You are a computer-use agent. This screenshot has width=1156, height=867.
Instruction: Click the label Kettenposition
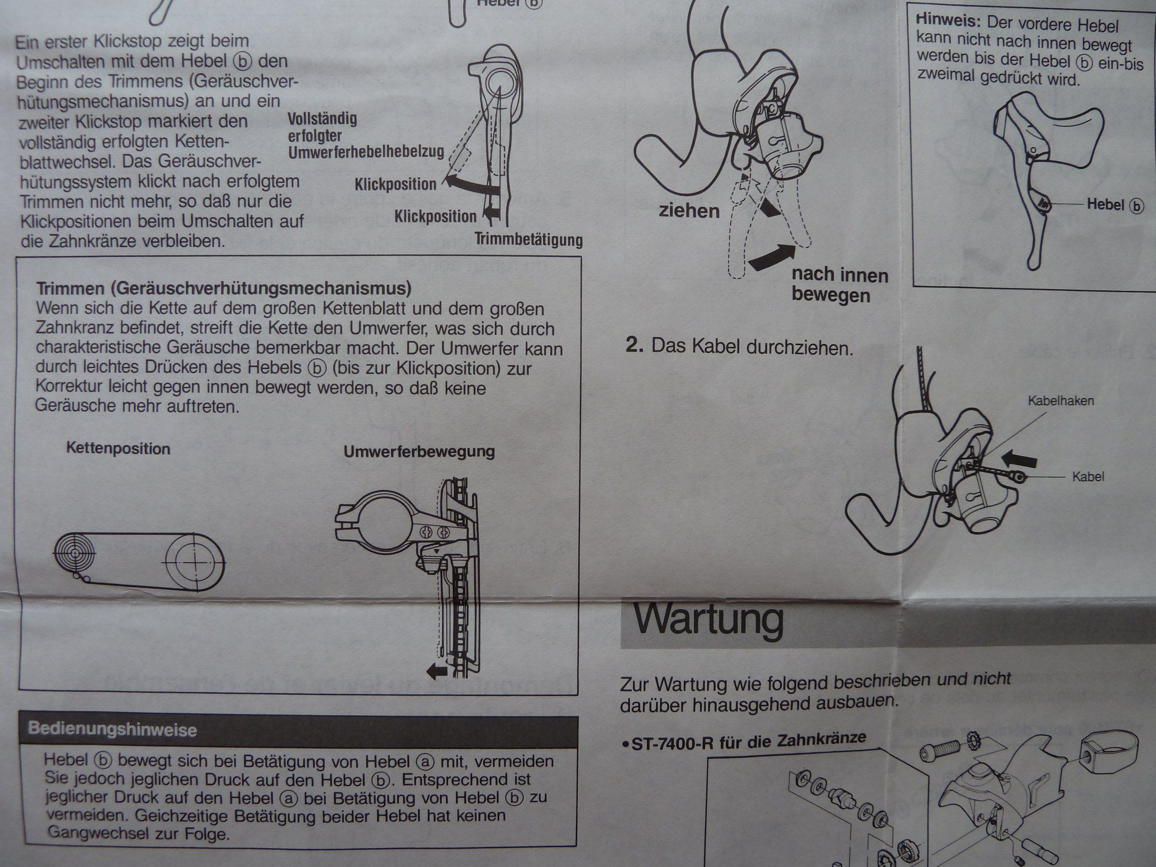(x=118, y=449)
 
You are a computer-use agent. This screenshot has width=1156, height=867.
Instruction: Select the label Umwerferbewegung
(x=419, y=451)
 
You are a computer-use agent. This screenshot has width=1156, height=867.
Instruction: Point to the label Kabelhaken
(x=1061, y=401)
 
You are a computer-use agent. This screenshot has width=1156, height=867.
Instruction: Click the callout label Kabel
(x=1088, y=477)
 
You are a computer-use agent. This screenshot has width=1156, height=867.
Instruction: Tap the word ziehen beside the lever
(x=689, y=211)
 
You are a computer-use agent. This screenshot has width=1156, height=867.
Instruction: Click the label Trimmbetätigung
(x=528, y=240)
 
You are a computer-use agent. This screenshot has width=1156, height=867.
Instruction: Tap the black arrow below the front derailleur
(x=437, y=671)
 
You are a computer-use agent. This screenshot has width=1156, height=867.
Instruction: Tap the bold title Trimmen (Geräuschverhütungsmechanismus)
(x=224, y=289)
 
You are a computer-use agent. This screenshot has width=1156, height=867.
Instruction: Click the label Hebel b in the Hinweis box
(x=1115, y=204)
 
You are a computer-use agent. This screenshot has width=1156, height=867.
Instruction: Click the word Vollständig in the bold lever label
(x=322, y=118)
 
